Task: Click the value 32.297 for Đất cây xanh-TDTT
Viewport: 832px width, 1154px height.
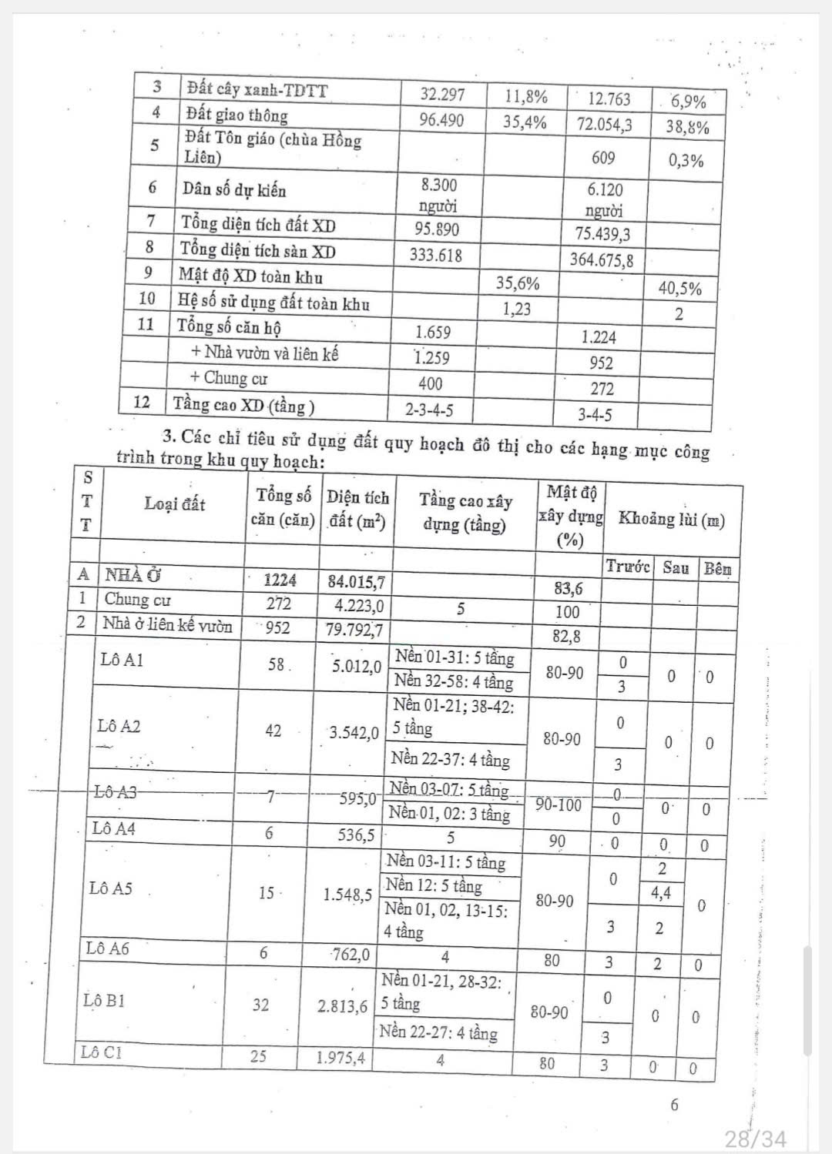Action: click(442, 95)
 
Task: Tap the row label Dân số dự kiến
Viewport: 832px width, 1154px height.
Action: click(233, 189)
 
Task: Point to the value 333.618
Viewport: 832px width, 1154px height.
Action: click(436, 255)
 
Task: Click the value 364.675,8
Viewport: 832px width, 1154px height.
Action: click(602, 260)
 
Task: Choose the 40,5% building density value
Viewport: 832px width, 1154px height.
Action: click(679, 289)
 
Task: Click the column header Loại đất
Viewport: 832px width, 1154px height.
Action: click(175, 504)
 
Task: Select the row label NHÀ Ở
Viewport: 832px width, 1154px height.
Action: click(133, 574)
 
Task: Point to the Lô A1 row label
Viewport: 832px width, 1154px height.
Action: click(122, 660)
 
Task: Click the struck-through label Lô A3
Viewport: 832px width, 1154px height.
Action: click(115, 791)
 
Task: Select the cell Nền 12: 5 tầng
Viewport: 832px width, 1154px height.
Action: click(434, 886)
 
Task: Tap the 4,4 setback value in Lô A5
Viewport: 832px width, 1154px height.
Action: click(661, 893)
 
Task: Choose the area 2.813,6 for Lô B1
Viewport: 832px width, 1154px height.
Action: click(342, 1005)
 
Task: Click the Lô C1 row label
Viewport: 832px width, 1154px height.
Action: click(101, 1052)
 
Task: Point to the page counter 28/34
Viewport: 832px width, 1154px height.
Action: click(756, 1138)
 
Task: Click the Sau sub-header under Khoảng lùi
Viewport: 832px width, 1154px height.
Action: click(675, 568)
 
